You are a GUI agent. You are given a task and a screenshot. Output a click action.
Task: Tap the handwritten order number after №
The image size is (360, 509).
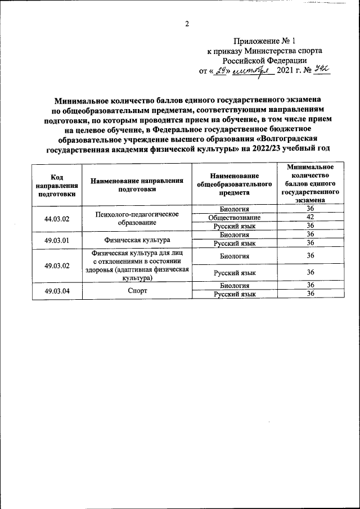pos(321,70)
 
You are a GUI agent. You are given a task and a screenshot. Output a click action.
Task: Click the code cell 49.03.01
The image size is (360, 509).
pos(57,238)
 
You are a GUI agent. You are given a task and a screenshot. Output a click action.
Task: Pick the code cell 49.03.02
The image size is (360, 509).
pos(57,265)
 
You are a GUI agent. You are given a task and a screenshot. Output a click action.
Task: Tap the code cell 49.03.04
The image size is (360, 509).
pos(57,291)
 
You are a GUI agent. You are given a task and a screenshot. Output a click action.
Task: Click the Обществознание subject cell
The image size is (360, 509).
pos(234,218)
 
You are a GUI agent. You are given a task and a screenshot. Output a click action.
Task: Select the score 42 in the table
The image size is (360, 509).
pos(309,218)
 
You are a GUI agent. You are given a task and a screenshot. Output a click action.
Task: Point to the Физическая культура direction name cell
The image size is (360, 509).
pos(137,238)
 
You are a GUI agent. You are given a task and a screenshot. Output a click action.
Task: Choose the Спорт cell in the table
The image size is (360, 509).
pos(137,291)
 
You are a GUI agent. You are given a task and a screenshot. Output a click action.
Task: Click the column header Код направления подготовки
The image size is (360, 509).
pos(57,184)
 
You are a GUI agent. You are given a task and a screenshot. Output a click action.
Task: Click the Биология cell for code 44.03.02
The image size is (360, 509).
pos(234,209)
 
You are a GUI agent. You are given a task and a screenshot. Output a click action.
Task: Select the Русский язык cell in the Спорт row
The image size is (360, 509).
pos(235,295)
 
